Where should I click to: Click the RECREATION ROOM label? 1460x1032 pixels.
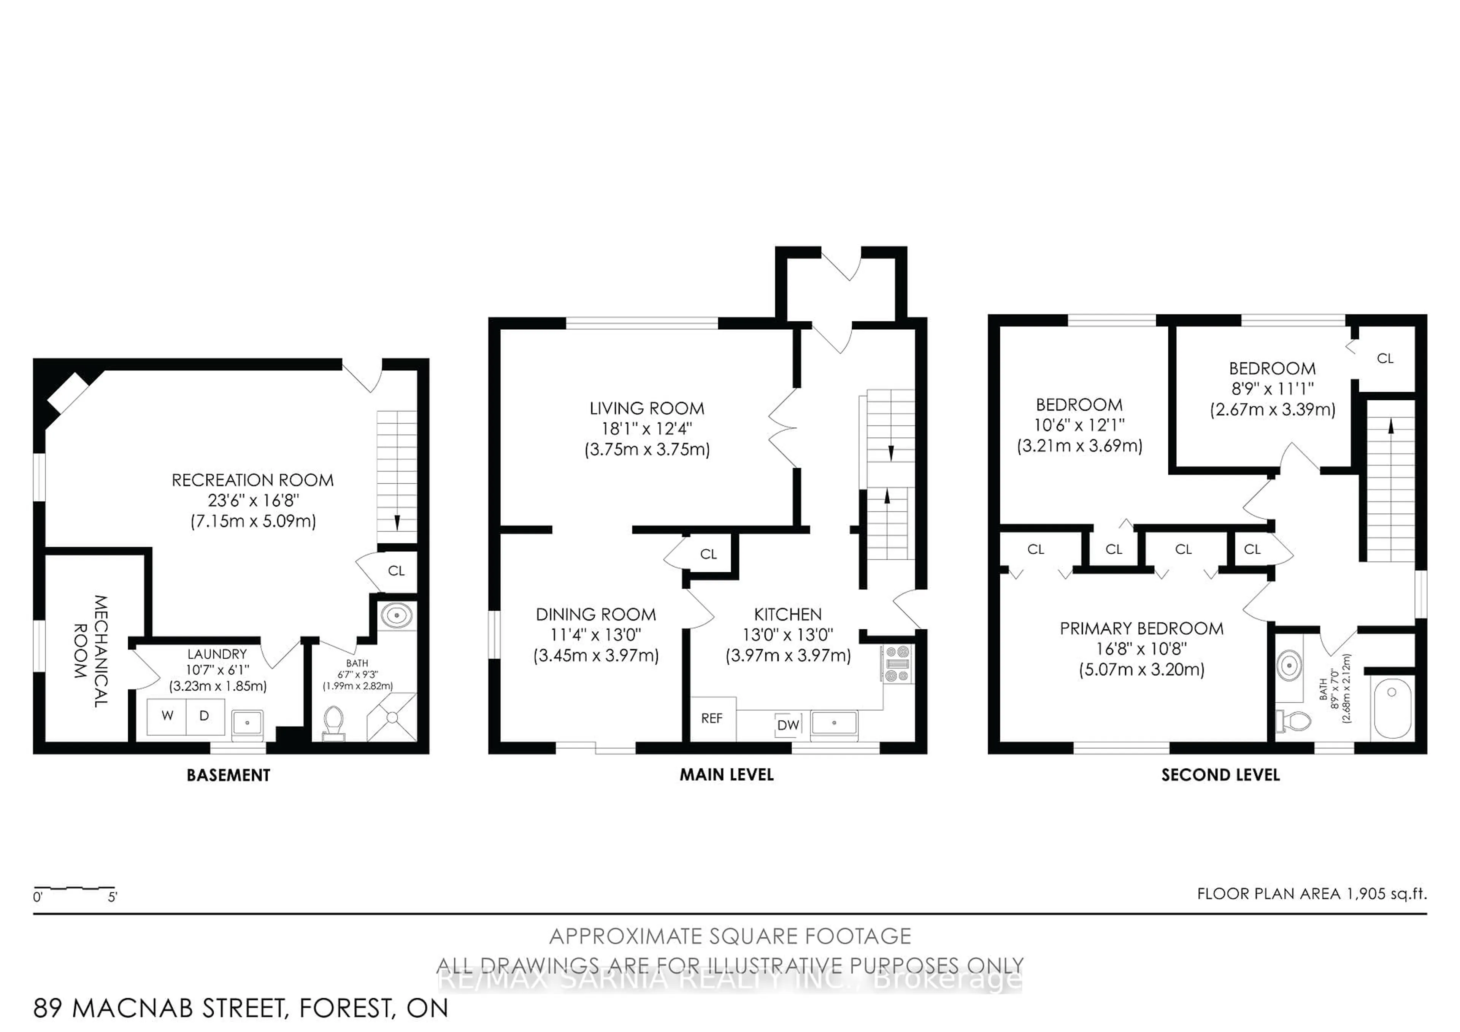(252, 480)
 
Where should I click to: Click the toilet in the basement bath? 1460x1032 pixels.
(333, 724)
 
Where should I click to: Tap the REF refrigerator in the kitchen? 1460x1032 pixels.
(712, 719)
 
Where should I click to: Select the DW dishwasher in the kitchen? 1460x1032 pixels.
(789, 725)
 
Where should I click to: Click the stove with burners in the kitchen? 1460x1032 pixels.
(897, 664)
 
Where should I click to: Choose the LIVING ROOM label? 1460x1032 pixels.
(647, 408)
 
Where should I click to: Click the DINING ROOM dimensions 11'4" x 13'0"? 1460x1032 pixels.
(596, 635)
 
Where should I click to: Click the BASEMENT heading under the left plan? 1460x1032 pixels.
(228, 775)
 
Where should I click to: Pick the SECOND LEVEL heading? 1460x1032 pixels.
(1220, 775)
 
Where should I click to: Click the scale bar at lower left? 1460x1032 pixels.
(75, 888)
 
